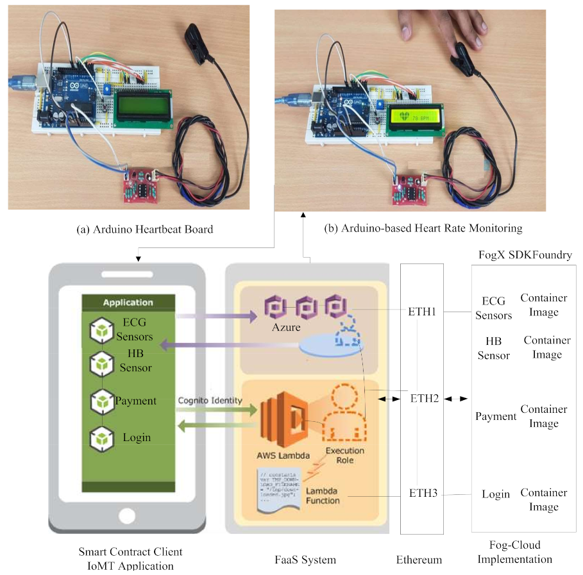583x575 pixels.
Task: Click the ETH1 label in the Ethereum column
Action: tap(422, 312)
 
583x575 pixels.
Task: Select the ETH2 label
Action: tap(424, 398)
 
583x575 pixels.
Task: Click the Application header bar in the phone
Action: tap(128, 302)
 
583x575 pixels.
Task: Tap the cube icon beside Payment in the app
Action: tap(101, 402)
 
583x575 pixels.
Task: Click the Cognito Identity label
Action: tap(210, 400)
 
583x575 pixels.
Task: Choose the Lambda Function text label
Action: tap(323, 495)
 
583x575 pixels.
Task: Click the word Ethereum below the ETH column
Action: tap(419, 560)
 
